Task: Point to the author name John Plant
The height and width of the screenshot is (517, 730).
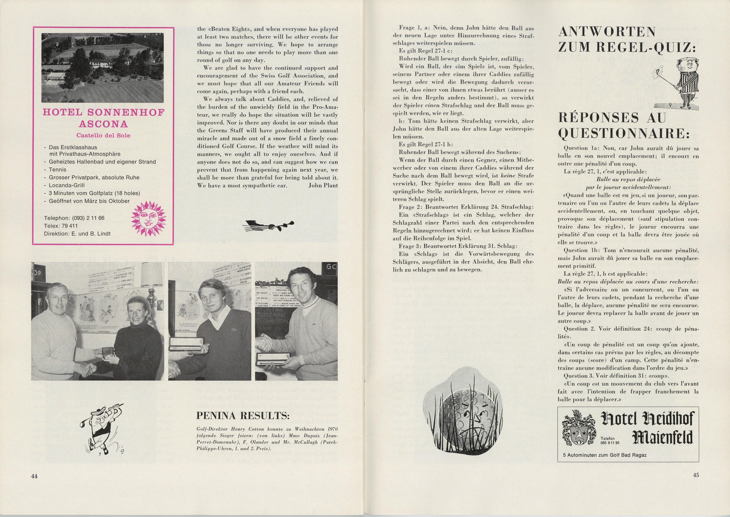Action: click(323, 185)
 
